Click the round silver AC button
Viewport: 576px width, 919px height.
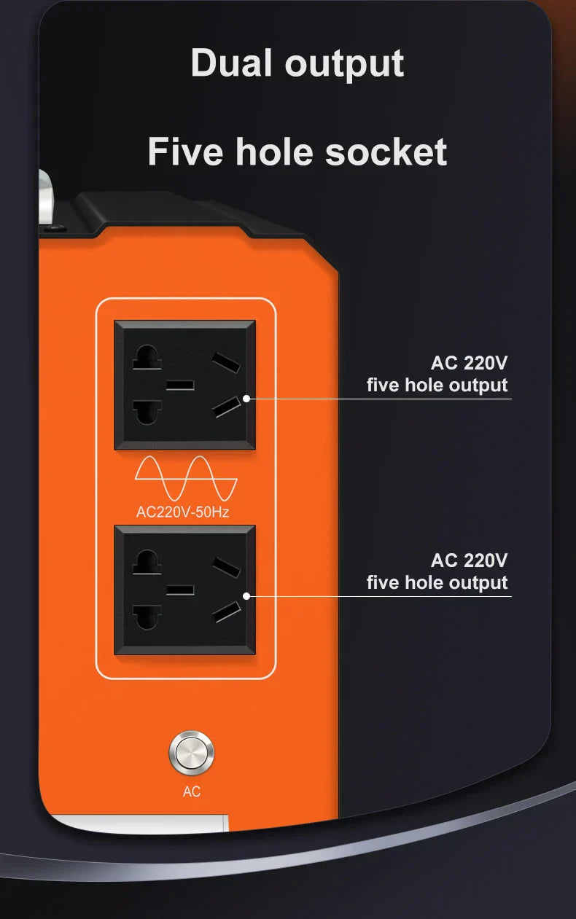pyautogui.click(x=191, y=753)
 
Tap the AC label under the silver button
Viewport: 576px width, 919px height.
pyautogui.click(x=192, y=791)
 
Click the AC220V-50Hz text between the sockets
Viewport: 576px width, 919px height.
pyautogui.click(x=183, y=512)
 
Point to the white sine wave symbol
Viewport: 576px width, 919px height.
pyautogui.click(x=186, y=478)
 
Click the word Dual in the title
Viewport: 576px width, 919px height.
pyautogui.click(x=231, y=63)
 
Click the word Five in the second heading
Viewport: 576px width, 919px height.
pyautogui.click(x=186, y=152)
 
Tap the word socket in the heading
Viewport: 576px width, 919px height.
pyautogui.click(x=386, y=152)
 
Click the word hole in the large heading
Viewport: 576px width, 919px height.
pyautogui.click(x=274, y=152)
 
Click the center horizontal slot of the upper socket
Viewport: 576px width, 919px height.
pyautogui.click(x=180, y=385)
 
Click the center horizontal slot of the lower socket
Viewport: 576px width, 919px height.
pyautogui.click(x=180, y=590)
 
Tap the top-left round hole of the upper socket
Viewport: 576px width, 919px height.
pyautogui.click(x=147, y=357)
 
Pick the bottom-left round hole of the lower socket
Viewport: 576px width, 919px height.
pyautogui.click(x=147, y=617)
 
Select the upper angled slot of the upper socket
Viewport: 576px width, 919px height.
pyautogui.click(x=226, y=362)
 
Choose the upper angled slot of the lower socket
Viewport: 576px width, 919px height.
pyautogui.click(x=226, y=568)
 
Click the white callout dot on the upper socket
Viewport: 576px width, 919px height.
pyautogui.click(x=246, y=399)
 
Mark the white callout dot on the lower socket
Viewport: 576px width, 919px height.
pyautogui.click(x=246, y=596)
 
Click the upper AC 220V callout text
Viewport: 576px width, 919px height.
pyautogui.click(x=470, y=363)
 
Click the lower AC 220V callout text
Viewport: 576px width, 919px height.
pyautogui.click(x=470, y=560)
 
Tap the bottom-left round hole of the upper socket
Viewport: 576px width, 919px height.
pyautogui.click(x=147, y=412)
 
